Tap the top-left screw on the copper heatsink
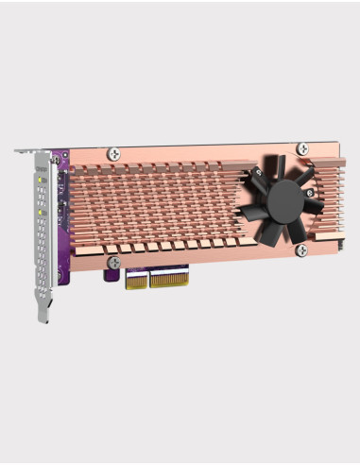(x=114, y=151)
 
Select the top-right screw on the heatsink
(x=301, y=147)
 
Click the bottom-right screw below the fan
(x=301, y=250)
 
